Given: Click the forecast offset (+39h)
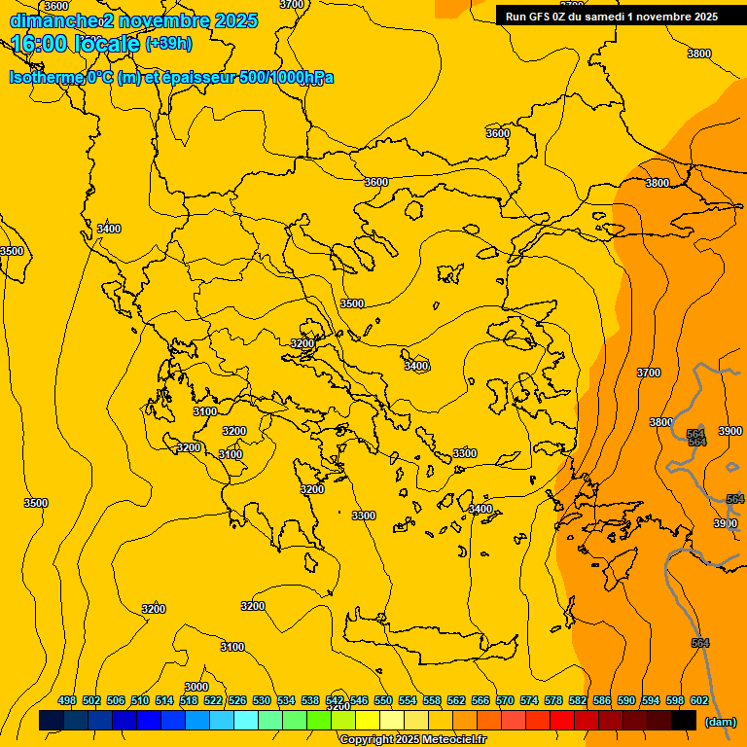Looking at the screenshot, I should (x=168, y=44).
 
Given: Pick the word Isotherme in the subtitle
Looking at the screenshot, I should (x=46, y=78).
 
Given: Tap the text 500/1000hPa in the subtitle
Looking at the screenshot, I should (x=291, y=78).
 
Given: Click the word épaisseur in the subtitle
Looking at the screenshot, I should (x=206, y=78).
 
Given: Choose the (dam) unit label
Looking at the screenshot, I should (x=720, y=722).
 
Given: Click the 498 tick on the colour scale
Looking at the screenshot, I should (x=67, y=700).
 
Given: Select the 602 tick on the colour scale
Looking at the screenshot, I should (x=699, y=700).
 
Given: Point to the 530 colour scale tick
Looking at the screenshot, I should (x=262, y=700).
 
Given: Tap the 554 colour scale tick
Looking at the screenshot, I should (x=408, y=700).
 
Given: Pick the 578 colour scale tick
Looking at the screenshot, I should (x=553, y=700).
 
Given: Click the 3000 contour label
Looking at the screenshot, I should (x=196, y=687).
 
